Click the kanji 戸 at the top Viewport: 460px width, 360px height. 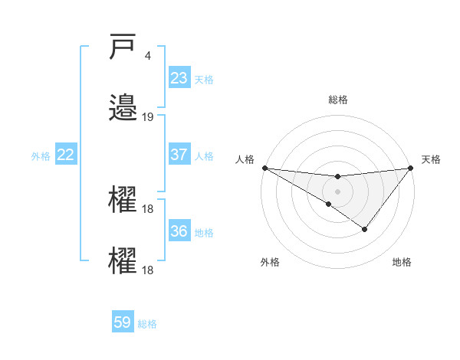(x=123, y=48)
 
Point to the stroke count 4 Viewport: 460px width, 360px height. (x=147, y=56)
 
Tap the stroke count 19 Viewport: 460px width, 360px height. (x=148, y=117)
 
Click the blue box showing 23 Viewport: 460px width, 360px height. (x=179, y=78)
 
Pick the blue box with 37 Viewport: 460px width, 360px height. (x=179, y=155)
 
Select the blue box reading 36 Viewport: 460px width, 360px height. (x=179, y=231)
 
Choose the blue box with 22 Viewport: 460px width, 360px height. (x=66, y=155)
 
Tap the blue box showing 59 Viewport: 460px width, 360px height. (x=123, y=322)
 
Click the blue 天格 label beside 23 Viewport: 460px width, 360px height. (x=204, y=79)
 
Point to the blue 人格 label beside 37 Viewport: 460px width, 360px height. (x=204, y=155)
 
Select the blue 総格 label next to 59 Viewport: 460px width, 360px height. (x=147, y=323)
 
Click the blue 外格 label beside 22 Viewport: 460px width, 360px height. (x=41, y=155)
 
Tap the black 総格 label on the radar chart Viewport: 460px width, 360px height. (x=337, y=100)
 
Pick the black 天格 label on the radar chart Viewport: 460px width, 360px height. (x=431, y=159)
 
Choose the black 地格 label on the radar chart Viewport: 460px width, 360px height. (x=402, y=262)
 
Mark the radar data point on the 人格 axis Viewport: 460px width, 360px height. (x=264, y=167)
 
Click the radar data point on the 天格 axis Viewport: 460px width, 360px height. (x=411, y=167)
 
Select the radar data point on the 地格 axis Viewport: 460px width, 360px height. (x=365, y=229)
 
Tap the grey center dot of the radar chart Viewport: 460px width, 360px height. (x=337, y=191)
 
